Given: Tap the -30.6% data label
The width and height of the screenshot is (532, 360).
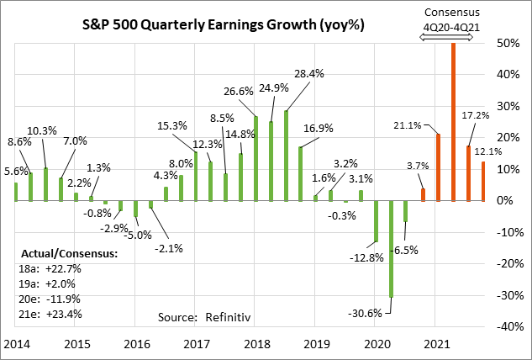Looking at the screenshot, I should pyautogui.click(x=365, y=313).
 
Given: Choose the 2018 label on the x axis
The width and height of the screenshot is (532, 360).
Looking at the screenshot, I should pyautogui.click(x=256, y=345).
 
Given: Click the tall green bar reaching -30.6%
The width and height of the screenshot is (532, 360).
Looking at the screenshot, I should pyautogui.click(x=391, y=249).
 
